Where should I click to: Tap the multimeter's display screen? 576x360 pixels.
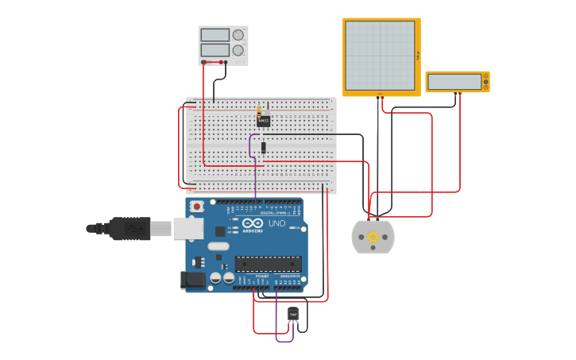454,82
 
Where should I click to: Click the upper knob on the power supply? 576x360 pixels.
238,35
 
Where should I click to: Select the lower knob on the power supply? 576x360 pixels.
238,50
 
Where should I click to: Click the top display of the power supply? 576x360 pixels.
215,35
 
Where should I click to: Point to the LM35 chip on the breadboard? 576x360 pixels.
264,121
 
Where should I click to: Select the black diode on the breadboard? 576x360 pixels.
264,146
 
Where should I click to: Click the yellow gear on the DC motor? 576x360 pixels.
373,237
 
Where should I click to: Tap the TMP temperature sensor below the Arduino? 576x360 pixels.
293,315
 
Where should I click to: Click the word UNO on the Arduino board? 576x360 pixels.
276,224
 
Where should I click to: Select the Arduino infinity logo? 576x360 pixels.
253,224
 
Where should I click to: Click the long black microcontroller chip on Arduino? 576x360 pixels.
268,264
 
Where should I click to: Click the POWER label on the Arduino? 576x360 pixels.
261,276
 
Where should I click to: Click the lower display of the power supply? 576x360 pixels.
215,50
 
